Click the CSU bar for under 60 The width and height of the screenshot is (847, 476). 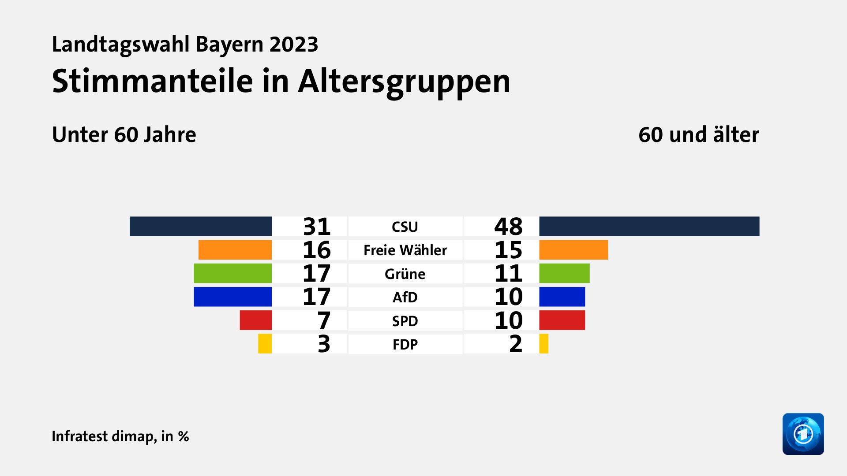(200, 226)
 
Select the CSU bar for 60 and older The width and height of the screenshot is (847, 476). (649, 226)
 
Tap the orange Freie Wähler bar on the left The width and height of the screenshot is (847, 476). (235, 250)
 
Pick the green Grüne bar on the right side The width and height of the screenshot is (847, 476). (564, 273)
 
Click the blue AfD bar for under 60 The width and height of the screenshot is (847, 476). (232, 297)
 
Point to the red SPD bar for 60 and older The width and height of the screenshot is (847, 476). (562, 320)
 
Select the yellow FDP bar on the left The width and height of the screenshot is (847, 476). (265, 344)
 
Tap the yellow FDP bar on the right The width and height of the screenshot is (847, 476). (544, 344)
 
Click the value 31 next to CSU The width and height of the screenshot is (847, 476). (316, 227)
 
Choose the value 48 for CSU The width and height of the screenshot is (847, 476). (508, 227)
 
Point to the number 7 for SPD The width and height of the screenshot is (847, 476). (324, 320)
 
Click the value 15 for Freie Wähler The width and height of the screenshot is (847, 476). (508, 250)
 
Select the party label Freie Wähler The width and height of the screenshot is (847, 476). (405, 250)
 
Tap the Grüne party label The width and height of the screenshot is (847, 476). (405, 274)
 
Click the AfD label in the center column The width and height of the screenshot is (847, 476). (405, 297)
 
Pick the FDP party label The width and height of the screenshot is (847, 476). (405, 344)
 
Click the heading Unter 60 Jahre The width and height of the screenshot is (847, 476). (124, 134)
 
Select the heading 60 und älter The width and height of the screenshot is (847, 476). (698, 134)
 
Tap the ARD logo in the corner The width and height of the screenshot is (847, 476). (803, 434)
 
